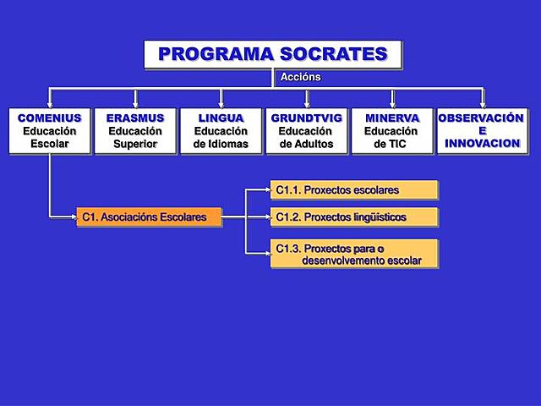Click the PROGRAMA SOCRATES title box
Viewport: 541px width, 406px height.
click(x=272, y=55)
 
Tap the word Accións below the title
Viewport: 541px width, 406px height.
click(x=300, y=77)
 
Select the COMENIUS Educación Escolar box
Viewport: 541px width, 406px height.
click(x=49, y=131)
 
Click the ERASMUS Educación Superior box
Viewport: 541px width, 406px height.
click(x=135, y=131)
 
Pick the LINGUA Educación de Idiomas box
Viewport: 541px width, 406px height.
click(x=221, y=131)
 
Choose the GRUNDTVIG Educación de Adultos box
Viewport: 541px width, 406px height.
click(x=306, y=131)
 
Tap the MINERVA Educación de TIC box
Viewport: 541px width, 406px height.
click(x=391, y=131)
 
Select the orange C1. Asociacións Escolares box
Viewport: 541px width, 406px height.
click(x=149, y=217)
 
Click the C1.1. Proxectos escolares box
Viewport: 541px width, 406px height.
click(x=353, y=190)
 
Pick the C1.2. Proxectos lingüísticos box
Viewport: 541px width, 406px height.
click(x=353, y=217)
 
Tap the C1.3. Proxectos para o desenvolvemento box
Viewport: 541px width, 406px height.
click(x=353, y=254)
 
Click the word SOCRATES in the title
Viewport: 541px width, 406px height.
click(x=333, y=55)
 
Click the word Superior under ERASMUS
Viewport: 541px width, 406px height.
click(x=135, y=144)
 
